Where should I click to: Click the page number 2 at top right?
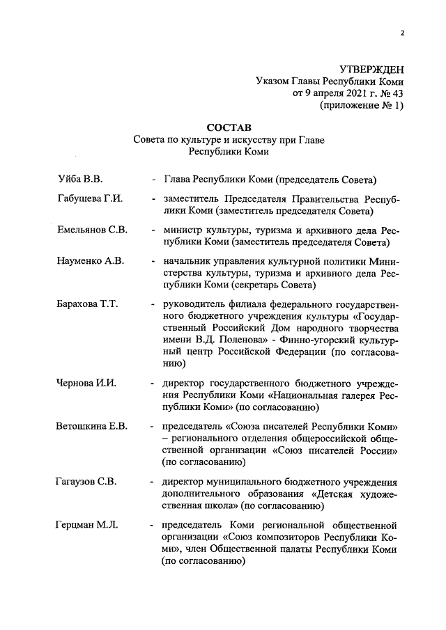(403, 33)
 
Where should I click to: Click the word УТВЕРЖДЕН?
(371, 69)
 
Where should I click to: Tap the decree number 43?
(397, 93)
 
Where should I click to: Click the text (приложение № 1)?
(362, 106)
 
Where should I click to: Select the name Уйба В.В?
(79, 180)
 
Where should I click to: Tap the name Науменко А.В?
(90, 260)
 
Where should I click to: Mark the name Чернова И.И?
(84, 384)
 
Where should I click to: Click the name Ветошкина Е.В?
(91, 426)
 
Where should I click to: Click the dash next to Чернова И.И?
(152, 384)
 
